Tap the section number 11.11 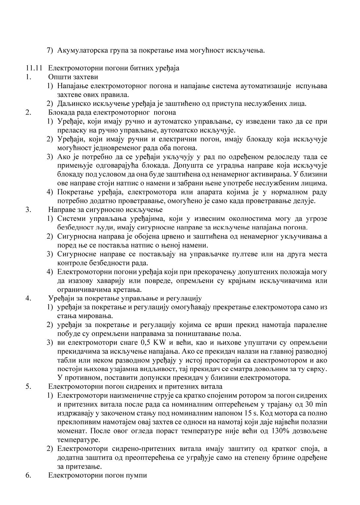coord(33,68)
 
